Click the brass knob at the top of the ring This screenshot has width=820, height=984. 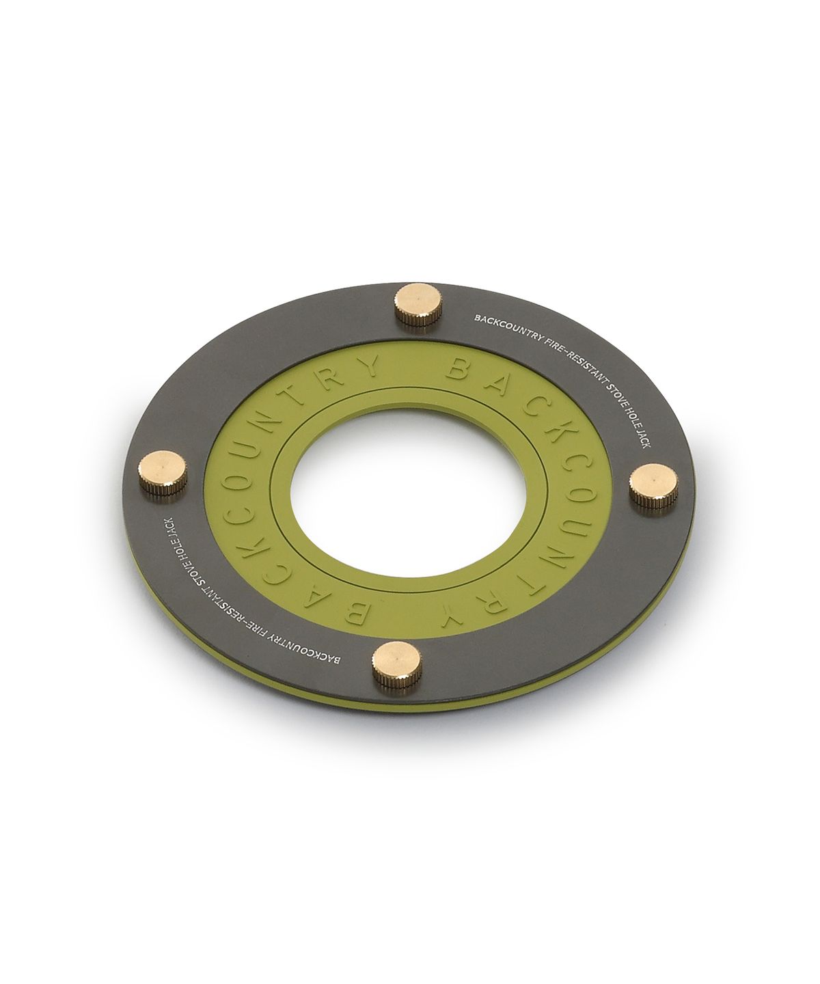[418, 304]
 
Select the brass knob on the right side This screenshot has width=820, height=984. [654, 486]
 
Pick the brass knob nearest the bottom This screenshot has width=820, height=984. [397, 666]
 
